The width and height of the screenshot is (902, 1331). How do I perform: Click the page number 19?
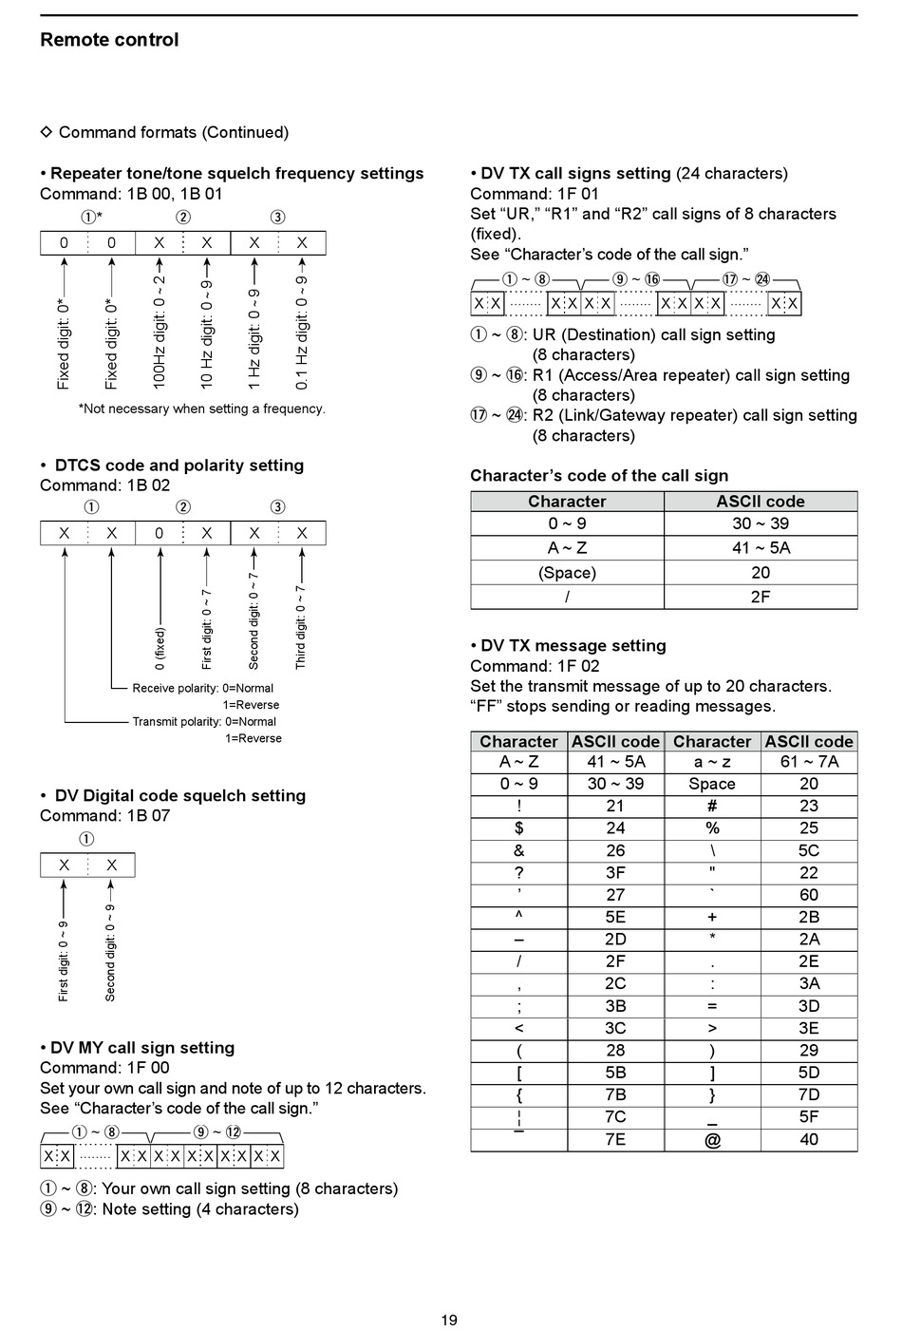[449, 1320]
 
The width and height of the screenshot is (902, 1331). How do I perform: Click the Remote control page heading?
[109, 40]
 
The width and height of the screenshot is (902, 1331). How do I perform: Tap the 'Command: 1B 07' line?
[104, 815]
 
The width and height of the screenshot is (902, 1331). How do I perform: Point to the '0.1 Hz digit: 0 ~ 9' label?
[302, 332]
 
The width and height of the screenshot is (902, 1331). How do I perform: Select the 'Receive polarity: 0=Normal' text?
[202, 688]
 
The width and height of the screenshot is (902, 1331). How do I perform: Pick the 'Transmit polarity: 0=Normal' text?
[204, 721]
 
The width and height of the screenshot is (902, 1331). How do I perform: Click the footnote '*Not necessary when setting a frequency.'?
[201, 409]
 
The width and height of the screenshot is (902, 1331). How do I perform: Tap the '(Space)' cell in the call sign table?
[567, 573]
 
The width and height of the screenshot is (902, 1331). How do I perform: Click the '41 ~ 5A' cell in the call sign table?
[761, 548]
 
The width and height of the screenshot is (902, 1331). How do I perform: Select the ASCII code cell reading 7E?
[615, 1139]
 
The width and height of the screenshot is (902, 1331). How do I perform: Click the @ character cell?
[712, 1139]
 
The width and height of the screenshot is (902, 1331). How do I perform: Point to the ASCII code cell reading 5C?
[809, 850]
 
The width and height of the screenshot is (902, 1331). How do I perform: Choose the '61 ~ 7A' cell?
[809, 762]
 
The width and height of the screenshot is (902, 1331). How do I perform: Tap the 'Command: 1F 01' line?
[535, 194]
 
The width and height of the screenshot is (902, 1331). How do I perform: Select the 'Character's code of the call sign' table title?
[599, 476]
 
